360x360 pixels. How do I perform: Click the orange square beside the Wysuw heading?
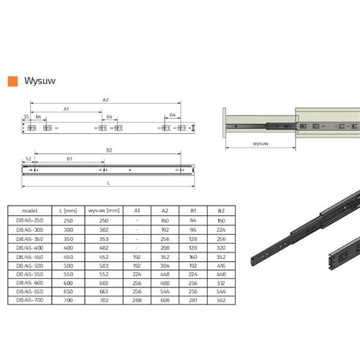click(10, 82)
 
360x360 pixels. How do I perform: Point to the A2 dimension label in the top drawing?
click(105, 100)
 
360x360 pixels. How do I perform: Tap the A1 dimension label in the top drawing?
click(66, 109)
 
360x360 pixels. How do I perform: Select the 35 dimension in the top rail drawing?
click(26, 116)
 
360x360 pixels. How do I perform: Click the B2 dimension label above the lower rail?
click(108, 150)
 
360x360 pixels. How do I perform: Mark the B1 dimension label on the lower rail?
click(69, 158)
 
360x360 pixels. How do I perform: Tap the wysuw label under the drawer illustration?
click(260, 145)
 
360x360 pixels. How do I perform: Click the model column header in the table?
click(30, 209)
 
